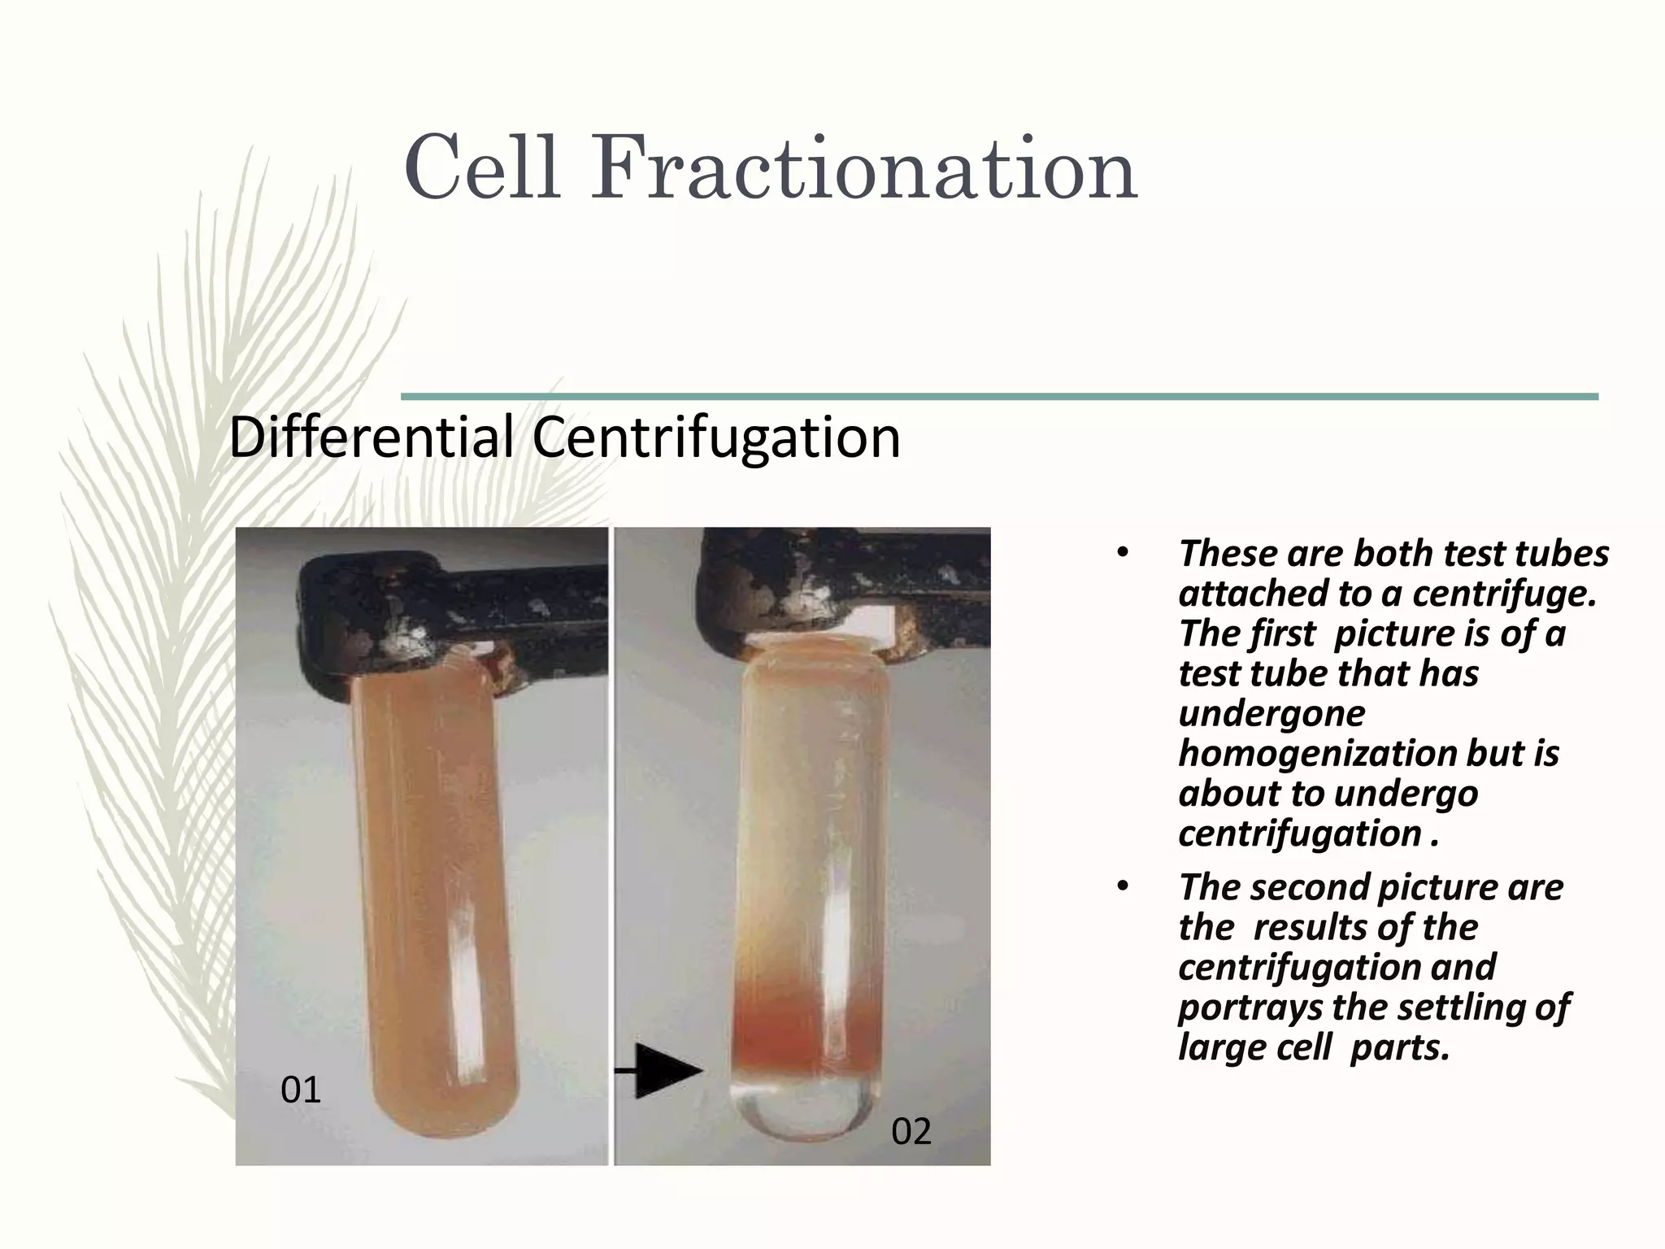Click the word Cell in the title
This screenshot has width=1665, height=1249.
coord(481,169)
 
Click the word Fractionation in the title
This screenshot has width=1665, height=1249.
coord(863,169)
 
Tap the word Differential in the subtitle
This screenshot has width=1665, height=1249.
coord(371,437)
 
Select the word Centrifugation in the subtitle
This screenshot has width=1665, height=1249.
coord(716,438)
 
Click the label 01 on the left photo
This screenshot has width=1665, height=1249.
coord(301,1090)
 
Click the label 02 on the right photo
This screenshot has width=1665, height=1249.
coord(911,1131)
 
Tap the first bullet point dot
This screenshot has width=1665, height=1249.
coord(1123,553)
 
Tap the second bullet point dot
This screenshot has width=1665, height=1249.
coord(1123,887)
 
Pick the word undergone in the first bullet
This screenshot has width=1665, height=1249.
coord(1272,714)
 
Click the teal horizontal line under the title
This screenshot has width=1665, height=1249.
coord(1000,397)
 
